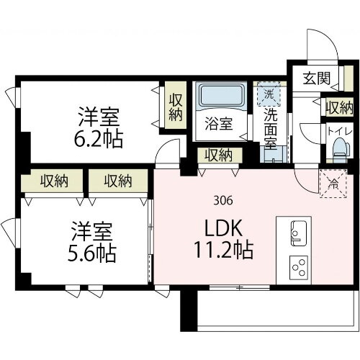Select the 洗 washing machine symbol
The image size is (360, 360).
tap(269, 94)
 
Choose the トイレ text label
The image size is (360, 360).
tap(336, 131)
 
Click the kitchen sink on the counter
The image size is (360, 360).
tap(298, 233)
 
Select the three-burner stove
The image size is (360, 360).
tap(298, 268)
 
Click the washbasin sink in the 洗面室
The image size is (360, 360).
tap(282, 151)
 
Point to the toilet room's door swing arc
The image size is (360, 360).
tap(308, 137)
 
